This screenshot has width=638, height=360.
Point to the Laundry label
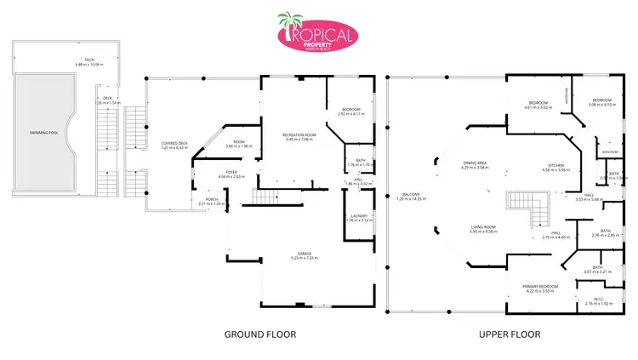click(x=359, y=216)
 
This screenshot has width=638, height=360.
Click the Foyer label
click(x=209, y=173)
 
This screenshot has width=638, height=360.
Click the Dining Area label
click(x=475, y=163)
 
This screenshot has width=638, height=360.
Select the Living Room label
click(x=484, y=226)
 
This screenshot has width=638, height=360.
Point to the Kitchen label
click(x=555, y=165)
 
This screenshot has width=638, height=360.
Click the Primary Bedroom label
click(x=540, y=286)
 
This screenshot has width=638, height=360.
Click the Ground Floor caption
click(x=259, y=334)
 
